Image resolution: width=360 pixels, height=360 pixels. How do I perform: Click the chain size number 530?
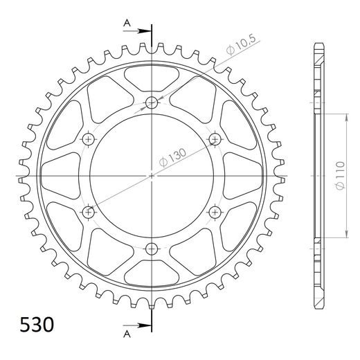[x=37, y=325]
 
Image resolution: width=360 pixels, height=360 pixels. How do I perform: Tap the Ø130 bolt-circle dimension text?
[x=172, y=157]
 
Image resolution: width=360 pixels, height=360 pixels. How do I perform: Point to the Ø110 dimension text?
[x=341, y=175]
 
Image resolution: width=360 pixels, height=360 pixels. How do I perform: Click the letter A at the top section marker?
[x=127, y=23]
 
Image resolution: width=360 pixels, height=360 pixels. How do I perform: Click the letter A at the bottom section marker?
[x=127, y=334]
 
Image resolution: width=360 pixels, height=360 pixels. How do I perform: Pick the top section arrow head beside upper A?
[x=145, y=31]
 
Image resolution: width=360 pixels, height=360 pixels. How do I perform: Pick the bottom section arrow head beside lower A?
[x=145, y=326]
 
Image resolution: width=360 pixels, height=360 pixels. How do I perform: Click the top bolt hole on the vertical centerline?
[x=152, y=102]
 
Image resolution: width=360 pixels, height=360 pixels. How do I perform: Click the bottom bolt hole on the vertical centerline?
[x=152, y=249]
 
